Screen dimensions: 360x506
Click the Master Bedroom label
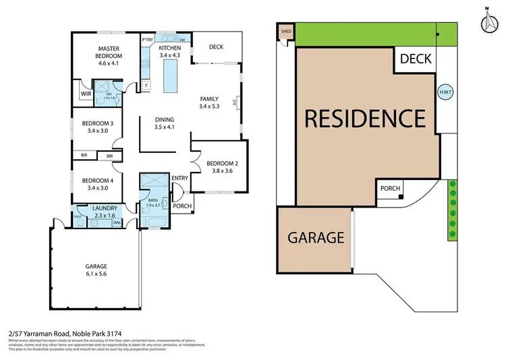108,53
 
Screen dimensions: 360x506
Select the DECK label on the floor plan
217,47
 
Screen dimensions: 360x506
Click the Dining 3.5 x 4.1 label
165,123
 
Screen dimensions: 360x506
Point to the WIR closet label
85,94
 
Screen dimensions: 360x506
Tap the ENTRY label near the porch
179,178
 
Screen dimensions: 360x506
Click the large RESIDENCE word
364,118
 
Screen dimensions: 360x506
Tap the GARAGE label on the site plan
316,237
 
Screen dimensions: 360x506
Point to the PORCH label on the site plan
390,189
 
